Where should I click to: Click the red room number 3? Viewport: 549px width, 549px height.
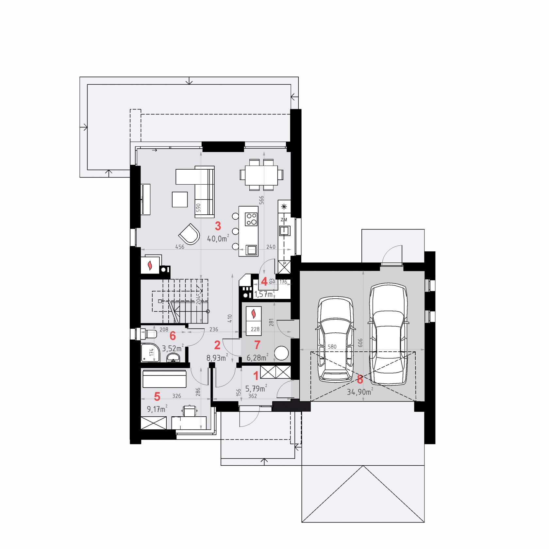coord(218,225)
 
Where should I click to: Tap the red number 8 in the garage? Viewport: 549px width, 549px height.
coord(360,379)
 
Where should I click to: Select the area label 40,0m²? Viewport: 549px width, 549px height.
coord(218,238)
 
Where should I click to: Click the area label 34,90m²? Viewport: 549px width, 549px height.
coord(360,391)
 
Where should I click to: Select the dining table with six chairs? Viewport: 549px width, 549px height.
coord(261,175)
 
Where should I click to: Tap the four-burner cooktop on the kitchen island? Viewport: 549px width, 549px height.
coord(252,219)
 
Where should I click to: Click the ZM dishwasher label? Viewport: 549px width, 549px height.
coord(284,220)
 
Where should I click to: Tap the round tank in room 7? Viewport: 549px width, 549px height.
coord(281,353)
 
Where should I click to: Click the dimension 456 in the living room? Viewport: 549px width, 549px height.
coord(180,247)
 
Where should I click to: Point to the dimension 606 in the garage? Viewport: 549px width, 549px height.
coord(360,342)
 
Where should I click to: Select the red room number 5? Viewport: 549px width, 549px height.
coord(157,396)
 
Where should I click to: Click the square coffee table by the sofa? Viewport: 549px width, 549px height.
coord(180,199)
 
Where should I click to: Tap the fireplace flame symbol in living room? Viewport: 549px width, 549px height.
coord(150,265)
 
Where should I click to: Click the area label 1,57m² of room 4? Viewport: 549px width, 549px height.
coord(264,294)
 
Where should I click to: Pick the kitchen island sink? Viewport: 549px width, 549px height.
coord(251,250)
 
